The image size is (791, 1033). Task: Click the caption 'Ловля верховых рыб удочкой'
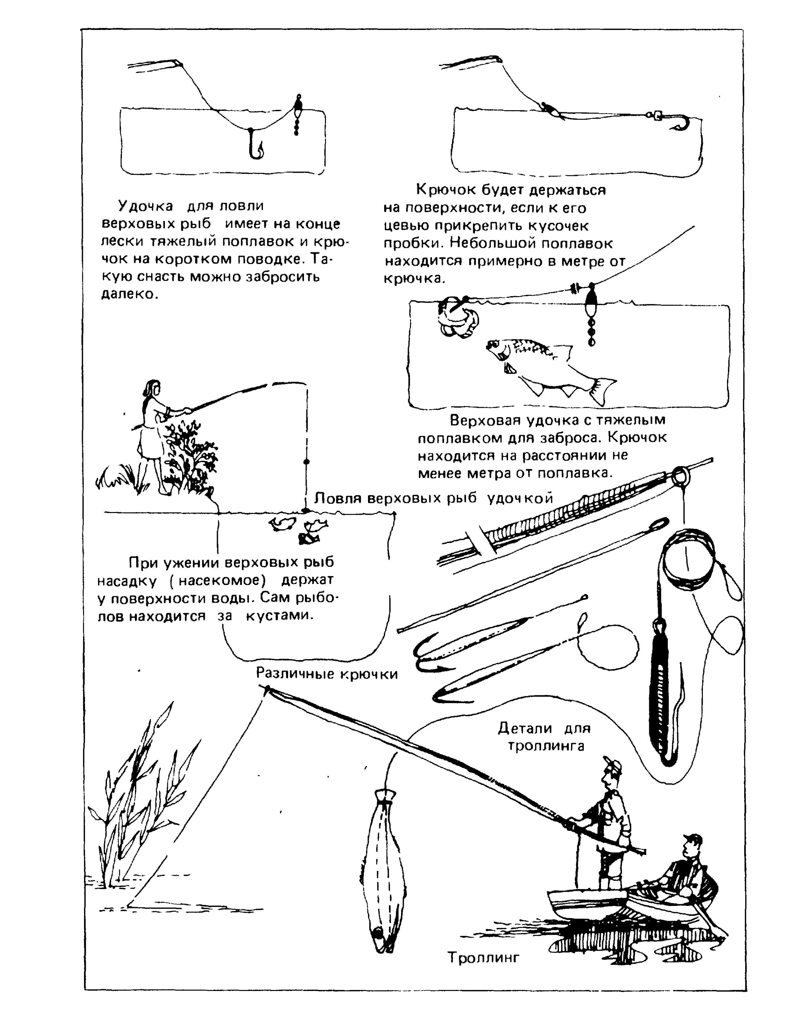(x=433, y=498)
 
